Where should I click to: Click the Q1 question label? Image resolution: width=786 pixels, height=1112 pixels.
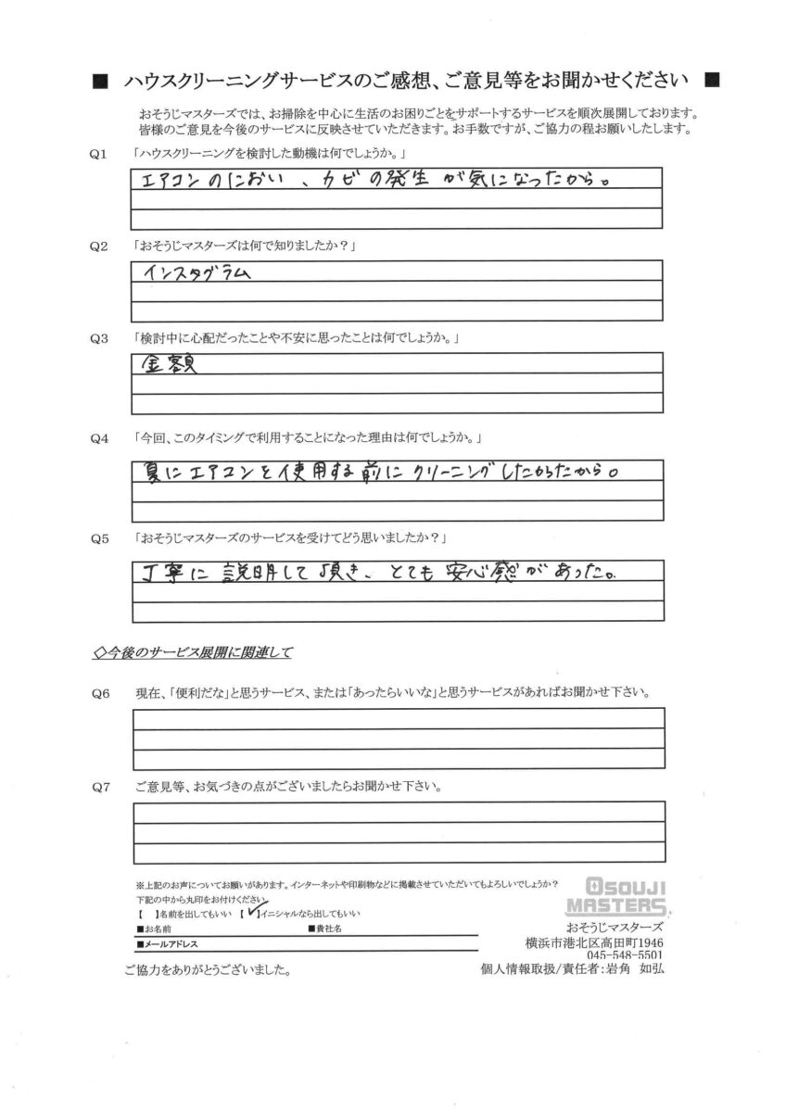97,152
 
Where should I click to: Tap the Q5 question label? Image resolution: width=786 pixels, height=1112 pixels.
97,537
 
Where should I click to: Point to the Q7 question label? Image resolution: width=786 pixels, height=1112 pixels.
97,787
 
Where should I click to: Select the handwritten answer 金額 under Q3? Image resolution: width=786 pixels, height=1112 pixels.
173,364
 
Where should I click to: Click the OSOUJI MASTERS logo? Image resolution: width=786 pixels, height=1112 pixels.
626,896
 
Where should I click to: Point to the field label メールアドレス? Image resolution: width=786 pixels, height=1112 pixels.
169,944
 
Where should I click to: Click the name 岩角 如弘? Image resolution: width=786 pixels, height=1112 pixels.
633,969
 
